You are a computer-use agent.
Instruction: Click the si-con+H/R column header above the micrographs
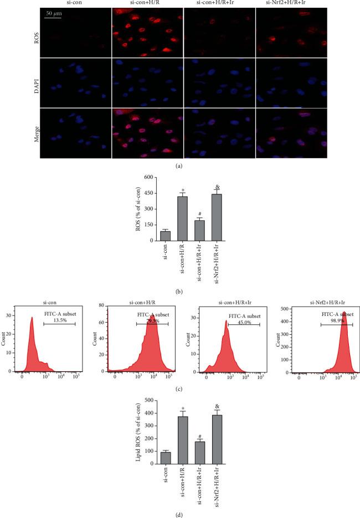(x=148, y=4)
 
